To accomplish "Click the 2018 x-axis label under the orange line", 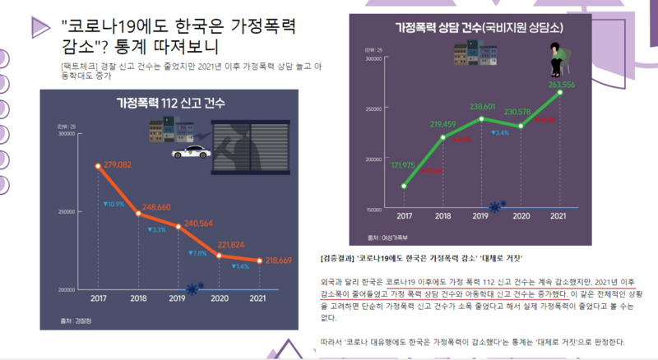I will coord(138,298).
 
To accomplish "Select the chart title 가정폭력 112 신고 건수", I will coord(169,104).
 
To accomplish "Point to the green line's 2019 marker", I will coord(482,119).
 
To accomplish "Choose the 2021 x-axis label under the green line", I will coord(560,216).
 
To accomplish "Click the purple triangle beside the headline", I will coord(38,26).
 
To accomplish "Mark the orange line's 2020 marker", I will coord(220,256).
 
